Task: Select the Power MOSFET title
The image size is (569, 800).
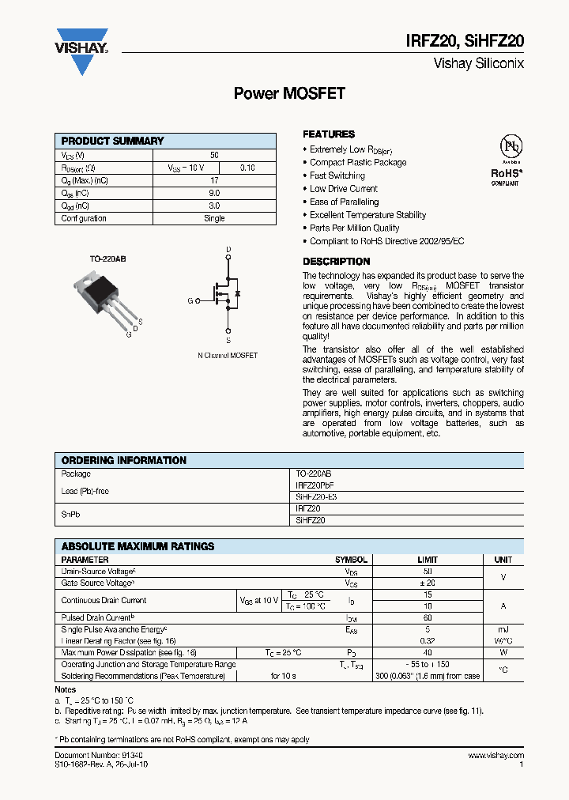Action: click(x=289, y=93)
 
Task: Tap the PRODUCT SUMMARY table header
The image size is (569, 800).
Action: click(x=113, y=141)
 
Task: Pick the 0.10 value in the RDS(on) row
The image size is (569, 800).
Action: click(x=247, y=168)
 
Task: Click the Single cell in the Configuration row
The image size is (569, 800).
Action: click(x=214, y=218)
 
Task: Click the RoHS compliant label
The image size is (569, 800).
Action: click(x=506, y=175)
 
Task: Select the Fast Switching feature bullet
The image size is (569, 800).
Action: click(x=337, y=175)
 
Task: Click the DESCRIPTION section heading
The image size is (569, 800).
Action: click(x=337, y=262)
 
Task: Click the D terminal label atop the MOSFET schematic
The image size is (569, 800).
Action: click(x=228, y=250)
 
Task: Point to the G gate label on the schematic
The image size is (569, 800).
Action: click(x=190, y=301)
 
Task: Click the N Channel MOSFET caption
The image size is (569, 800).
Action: click(x=228, y=356)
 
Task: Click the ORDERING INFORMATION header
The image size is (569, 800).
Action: click(x=124, y=460)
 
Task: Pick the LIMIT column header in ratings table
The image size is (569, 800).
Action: click(x=427, y=560)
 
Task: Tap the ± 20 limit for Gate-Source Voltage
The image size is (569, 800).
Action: click(x=427, y=583)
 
